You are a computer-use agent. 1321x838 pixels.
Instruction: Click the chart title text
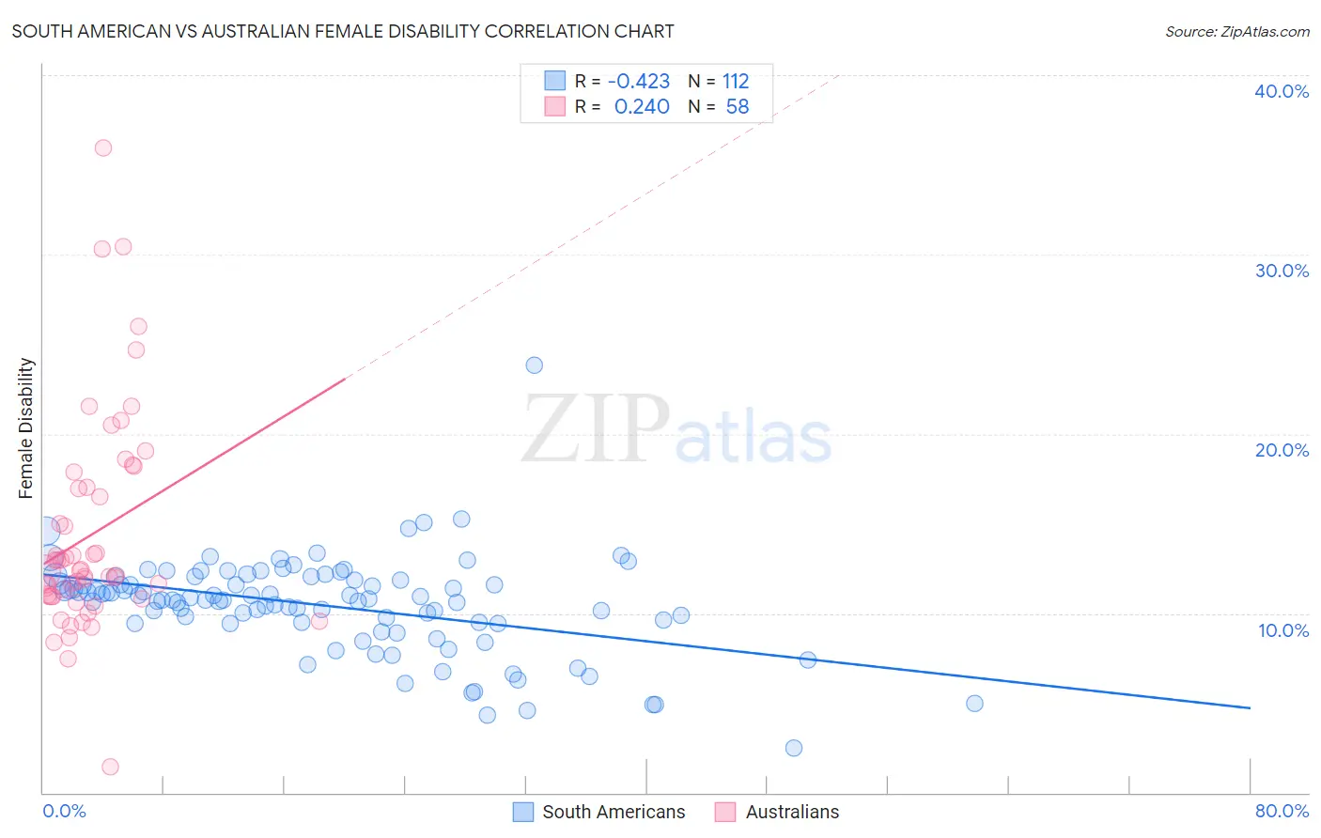coord(343,31)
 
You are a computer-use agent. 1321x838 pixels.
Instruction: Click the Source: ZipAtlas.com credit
coord(1236,31)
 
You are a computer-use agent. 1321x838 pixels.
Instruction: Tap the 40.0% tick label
coord(1282,91)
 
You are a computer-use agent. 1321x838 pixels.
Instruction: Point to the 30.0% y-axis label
coord(1282,271)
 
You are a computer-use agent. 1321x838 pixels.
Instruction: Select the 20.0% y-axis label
coord(1282,450)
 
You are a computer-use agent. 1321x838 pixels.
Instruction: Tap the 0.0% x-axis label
coord(64,811)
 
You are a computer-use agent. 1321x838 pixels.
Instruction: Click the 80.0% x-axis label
coord(1282,811)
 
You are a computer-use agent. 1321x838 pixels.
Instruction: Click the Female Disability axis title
coord(26,428)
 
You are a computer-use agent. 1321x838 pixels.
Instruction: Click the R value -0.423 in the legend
coord(639,82)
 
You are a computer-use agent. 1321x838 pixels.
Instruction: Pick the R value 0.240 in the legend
coord(642,107)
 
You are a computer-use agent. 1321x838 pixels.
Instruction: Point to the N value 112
coord(736,82)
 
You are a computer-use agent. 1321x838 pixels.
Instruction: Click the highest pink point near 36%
coord(103,147)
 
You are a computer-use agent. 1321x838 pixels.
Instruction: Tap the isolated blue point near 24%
coord(535,365)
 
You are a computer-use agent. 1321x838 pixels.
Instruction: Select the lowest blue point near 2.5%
coord(794,748)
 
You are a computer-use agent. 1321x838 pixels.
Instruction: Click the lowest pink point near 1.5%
coord(110,767)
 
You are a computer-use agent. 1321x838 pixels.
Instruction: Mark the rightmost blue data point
coord(974,704)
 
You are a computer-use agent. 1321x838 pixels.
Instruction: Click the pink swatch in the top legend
coord(555,106)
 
